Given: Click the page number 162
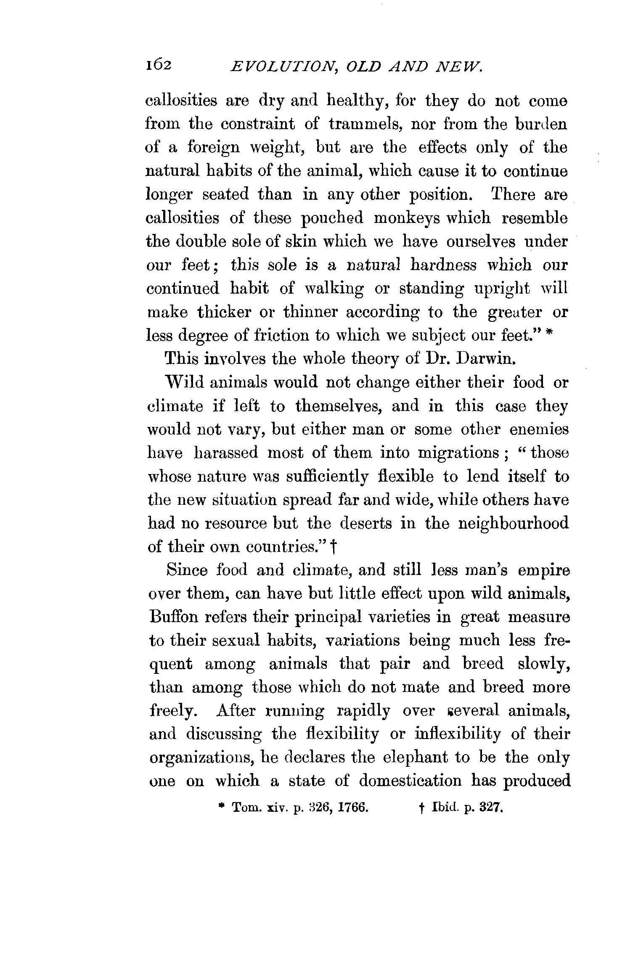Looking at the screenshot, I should pos(158,65).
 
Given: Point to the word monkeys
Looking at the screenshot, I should pos(407,218).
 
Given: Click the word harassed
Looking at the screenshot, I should pos(228,453).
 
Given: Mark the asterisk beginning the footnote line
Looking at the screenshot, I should pos(221,807).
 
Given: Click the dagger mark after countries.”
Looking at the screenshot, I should pos(333,547).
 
